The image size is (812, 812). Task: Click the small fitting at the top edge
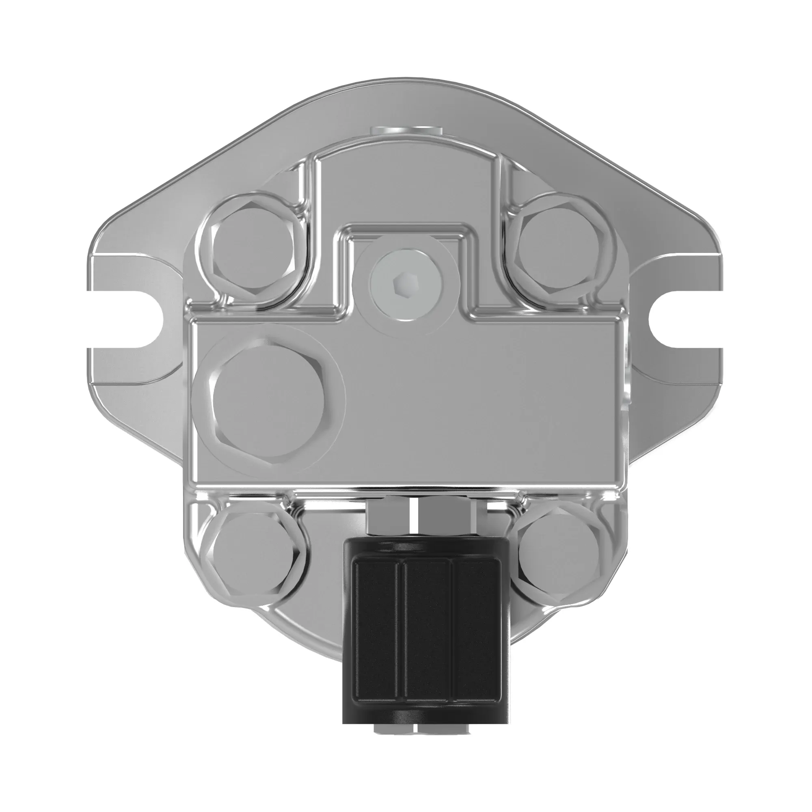(x=406, y=130)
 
